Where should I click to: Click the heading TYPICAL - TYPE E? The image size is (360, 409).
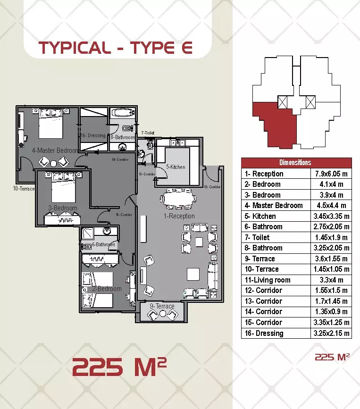tap(115, 48)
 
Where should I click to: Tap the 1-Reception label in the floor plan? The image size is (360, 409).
tap(179, 216)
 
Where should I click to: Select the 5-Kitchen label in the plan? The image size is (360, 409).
tap(176, 167)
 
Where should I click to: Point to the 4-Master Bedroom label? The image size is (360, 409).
tap(54, 150)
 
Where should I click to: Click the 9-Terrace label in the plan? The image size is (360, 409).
tap(162, 306)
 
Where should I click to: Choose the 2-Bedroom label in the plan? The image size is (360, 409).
tap(107, 289)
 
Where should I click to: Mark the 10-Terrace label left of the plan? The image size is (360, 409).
tap(24, 189)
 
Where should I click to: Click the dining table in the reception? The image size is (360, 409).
tap(177, 199)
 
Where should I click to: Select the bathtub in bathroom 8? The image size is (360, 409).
tap(123, 114)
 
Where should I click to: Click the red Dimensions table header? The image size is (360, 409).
tap(295, 162)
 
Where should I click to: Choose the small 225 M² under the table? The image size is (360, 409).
tap(332, 357)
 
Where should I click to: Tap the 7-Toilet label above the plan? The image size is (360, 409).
tap(148, 134)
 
